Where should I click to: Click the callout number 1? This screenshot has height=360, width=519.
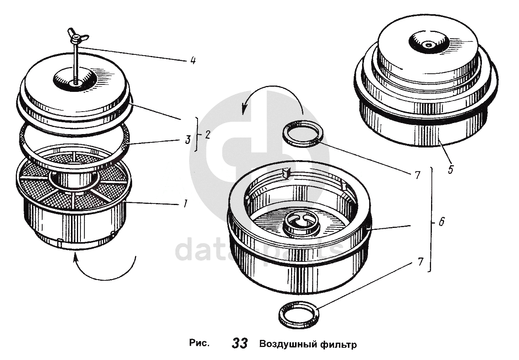click(183, 204)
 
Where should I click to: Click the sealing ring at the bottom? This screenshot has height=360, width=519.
click(299, 314)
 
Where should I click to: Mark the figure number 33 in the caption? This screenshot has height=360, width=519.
click(239, 343)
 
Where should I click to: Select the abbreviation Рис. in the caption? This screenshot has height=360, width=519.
click(199, 343)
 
